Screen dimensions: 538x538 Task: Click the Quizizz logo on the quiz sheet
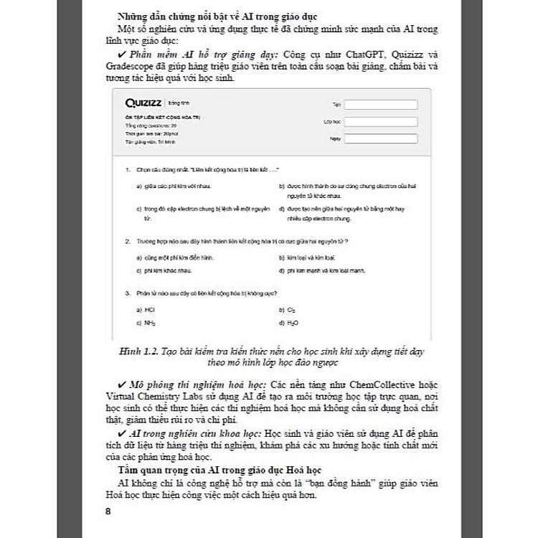[x=143, y=103]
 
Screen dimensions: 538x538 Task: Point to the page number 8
[x=108, y=511]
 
